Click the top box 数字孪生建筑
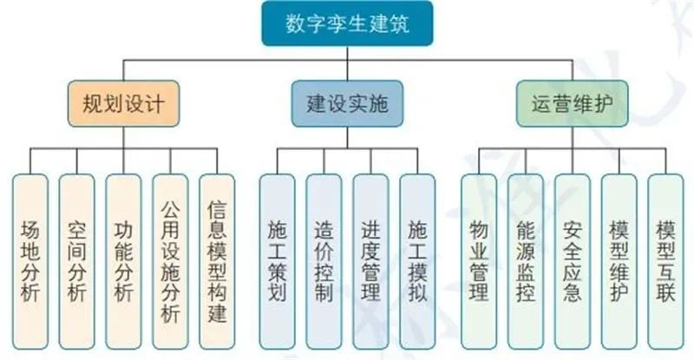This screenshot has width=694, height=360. tap(347, 23)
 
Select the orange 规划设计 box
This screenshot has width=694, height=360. tap(123, 103)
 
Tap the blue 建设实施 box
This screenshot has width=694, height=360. tap(347, 103)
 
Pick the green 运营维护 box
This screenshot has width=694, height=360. tap(573, 103)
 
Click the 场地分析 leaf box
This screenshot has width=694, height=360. tap(30, 262)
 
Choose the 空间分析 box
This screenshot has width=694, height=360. tap(76, 262)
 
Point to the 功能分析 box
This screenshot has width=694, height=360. tap(123, 262)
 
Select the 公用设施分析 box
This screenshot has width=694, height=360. tap(170, 262)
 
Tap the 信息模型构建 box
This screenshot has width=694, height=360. tap(217, 262)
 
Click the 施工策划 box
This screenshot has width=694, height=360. tap(277, 262)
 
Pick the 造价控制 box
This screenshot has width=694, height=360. tap(324, 262)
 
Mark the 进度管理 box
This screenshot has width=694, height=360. tap(371, 262)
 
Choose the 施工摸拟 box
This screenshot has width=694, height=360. tap(417, 262)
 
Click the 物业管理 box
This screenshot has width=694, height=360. tap(479, 262)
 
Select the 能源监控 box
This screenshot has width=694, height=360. tap(526, 262)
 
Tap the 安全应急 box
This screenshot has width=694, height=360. tap(573, 262)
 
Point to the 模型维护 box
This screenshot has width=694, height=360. tap(619, 262)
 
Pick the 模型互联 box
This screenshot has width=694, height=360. tap(665, 262)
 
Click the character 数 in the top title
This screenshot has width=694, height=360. tap(296, 23)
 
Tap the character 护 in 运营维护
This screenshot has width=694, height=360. tap(604, 103)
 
